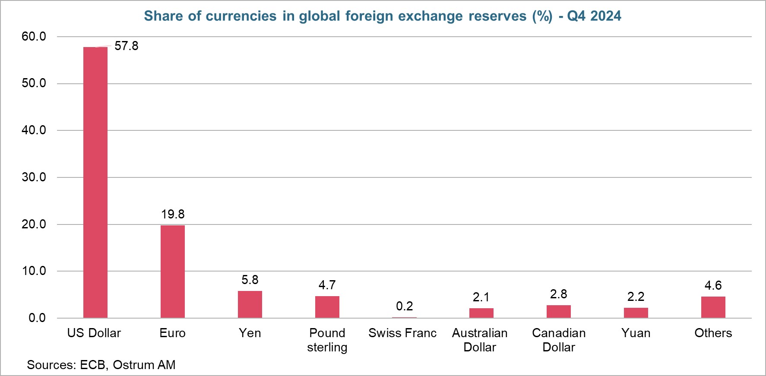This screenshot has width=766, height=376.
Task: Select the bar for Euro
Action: tap(172, 272)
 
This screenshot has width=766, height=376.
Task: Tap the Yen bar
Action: tap(250, 304)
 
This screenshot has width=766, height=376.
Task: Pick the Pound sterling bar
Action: tap(327, 307)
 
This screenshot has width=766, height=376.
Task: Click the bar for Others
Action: tap(713, 307)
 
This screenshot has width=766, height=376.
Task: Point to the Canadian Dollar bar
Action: tap(558, 311)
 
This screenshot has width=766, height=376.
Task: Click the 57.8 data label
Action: tap(127, 46)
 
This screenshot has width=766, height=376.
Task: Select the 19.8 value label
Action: tap(173, 214)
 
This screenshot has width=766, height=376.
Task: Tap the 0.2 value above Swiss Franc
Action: tap(404, 306)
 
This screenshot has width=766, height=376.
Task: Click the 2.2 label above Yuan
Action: tap(636, 297)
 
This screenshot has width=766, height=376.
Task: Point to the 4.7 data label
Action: tap(327, 285)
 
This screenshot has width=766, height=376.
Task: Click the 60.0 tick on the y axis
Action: tap(34, 36)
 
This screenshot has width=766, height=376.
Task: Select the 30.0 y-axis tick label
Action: tap(34, 177)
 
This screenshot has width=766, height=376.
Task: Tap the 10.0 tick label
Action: tap(34, 271)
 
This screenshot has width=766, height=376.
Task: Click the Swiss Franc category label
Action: tap(402, 333)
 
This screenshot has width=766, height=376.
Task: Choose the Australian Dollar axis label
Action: tap(480, 340)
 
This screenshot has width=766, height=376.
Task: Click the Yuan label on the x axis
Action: tap(636, 333)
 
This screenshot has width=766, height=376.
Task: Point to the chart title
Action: tap(383, 16)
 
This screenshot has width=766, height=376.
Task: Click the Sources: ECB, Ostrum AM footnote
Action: tap(101, 365)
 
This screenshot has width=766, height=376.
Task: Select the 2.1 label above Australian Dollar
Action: tap(481, 297)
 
